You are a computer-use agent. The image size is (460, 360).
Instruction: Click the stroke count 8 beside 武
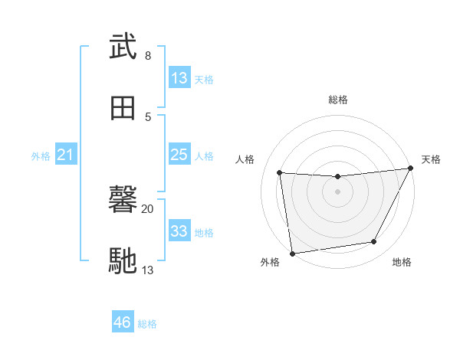point(148,56)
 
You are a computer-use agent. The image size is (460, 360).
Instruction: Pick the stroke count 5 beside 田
point(148,116)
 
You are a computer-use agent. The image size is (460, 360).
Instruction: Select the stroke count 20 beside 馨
point(148,209)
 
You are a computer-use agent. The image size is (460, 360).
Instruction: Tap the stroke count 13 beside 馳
point(148,270)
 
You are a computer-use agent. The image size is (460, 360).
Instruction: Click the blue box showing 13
point(179,78)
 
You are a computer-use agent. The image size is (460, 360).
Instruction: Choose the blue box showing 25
point(179,155)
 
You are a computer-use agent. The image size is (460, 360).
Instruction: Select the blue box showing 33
point(179,231)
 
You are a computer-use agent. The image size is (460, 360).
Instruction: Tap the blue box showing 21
point(66,155)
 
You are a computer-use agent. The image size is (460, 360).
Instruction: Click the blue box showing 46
point(123,322)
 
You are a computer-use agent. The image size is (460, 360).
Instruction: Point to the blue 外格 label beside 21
point(41,156)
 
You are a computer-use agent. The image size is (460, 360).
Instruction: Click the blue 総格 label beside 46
point(147,324)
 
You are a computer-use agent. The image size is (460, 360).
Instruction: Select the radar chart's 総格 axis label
point(338,100)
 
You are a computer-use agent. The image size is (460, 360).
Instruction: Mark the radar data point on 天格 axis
point(412,169)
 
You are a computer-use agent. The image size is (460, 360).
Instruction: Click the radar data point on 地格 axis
point(374,242)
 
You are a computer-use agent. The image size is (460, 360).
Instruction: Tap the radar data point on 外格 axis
point(292,253)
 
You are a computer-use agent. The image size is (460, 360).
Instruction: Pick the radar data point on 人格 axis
point(280,173)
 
